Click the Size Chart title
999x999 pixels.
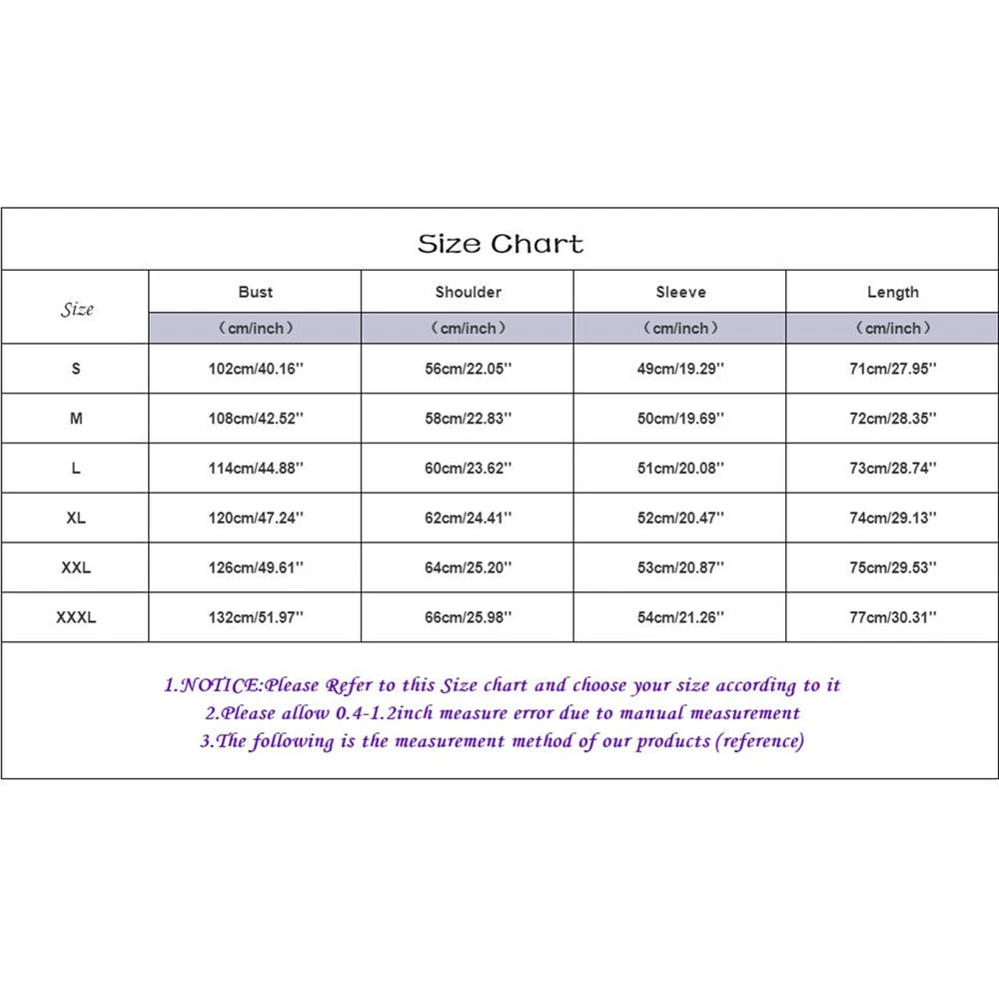tap(499, 244)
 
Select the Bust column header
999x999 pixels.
tap(255, 292)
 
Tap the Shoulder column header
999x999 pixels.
tap(468, 292)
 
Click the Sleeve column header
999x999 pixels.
tap(680, 292)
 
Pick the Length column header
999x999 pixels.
tap(892, 292)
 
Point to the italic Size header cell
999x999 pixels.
tap(76, 309)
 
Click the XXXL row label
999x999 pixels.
tap(76, 617)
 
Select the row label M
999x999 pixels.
tap(76, 419)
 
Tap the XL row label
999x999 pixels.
tap(76, 517)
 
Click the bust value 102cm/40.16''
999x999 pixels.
tap(255, 369)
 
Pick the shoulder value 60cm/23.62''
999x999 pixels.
tap(468, 468)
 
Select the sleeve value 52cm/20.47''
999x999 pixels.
tap(680, 517)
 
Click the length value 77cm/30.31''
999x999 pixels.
tap(892, 617)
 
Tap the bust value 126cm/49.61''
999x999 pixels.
tap(255, 567)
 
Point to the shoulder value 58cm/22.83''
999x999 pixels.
tap(468, 419)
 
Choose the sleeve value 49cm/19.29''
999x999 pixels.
tap(680, 369)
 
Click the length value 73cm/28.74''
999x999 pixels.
tap(892, 468)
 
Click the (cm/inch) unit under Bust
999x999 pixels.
tap(255, 328)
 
